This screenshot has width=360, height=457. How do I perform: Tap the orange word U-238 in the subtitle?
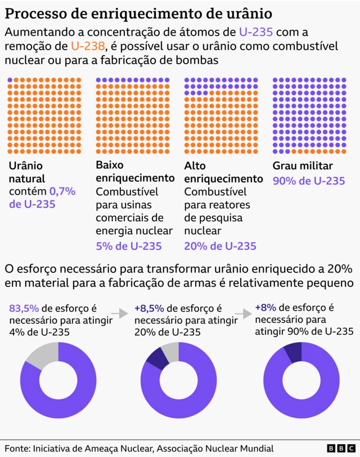click(88, 46)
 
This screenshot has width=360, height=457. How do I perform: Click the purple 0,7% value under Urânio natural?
click(62, 191)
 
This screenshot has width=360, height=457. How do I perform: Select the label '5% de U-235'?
click(129, 246)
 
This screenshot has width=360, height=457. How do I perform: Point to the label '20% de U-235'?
click(220, 246)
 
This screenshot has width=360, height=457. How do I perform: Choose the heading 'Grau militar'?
click(303, 166)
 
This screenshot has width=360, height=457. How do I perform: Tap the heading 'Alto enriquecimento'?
click(223, 172)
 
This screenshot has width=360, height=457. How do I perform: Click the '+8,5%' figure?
click(149, 308)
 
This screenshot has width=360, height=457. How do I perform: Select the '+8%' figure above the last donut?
click(265, 307)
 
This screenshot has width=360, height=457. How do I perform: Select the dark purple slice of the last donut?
click(292, 351)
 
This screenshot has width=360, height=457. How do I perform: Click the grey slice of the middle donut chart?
click(170, 351)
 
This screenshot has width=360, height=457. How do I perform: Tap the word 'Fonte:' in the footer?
click(17, 448)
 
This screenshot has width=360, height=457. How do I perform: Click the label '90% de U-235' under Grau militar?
click(308, 181)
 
